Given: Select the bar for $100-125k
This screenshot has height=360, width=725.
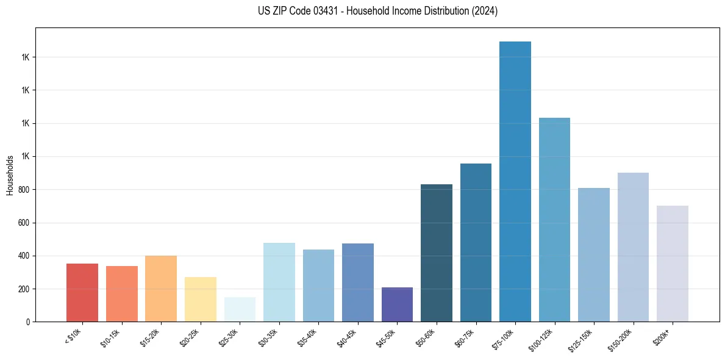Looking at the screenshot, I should point(554,220).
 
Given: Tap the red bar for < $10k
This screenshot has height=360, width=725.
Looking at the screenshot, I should point(82,293).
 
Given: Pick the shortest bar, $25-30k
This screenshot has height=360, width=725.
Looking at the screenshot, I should point(240,309).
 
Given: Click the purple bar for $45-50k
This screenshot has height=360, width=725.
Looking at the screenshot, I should point(397,304).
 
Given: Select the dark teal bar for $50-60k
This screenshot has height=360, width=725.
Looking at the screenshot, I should point(437,253).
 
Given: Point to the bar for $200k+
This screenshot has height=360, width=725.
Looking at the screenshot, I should point(673,264).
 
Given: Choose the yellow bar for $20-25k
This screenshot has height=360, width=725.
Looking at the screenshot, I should point(201,300).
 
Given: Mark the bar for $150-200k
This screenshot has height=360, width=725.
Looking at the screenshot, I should point(633,247).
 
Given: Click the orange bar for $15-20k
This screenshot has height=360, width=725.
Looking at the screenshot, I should point(161,289).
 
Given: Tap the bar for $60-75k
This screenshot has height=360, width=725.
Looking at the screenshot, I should point(476,243).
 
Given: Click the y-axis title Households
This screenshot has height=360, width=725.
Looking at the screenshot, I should point(10,175).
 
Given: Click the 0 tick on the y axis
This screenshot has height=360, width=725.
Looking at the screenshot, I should point(31,322).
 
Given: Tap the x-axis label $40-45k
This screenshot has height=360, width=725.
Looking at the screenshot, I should point(347,337).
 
